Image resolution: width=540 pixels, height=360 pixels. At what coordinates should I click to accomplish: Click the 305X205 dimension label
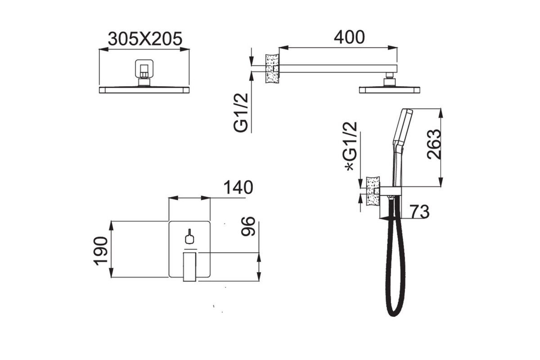[145, 39]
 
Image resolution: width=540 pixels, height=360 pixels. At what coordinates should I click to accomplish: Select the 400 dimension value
[349, 37]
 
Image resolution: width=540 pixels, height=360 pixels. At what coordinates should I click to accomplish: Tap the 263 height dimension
[434, 144]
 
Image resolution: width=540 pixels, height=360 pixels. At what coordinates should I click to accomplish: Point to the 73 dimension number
[420, 211]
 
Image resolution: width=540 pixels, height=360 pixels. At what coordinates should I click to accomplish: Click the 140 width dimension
[238, 187]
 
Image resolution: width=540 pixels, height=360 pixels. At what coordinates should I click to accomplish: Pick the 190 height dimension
[100, 251]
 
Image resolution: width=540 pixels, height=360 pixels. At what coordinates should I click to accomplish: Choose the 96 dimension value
[248, 226]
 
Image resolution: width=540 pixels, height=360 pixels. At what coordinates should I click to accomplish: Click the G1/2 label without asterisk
[241, 112]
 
